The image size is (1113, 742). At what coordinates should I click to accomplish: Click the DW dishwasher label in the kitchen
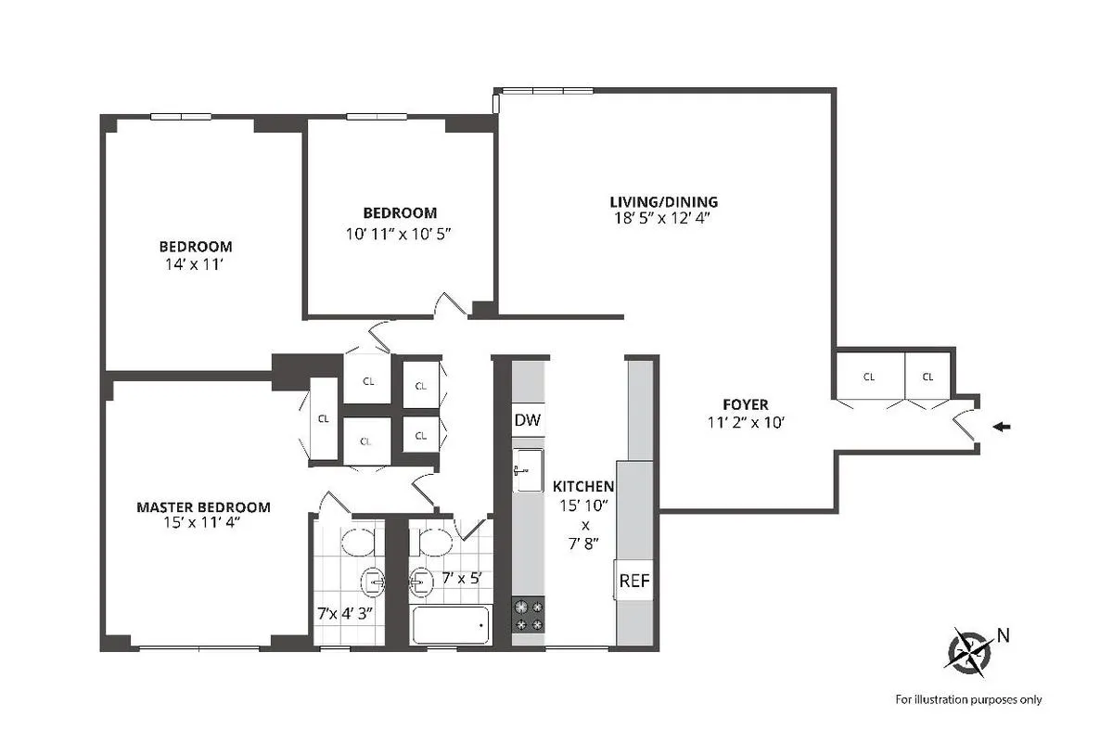pos(527,420)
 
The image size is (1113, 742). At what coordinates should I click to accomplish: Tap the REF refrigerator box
pos(634,582)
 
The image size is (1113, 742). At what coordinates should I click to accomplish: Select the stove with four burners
pos(529,615)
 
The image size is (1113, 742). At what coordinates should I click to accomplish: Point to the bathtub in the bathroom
pos(449,626)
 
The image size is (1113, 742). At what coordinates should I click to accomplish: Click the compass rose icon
pos(968,648)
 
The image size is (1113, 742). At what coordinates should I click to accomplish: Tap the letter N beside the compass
pos(1003,635)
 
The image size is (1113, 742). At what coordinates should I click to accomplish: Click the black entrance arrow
pos(1002,427)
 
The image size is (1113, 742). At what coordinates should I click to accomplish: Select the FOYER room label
pos(746,404)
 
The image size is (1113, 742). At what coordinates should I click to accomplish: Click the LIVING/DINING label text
pos(663,201)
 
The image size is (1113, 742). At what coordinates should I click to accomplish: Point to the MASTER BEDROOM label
pos(203,507)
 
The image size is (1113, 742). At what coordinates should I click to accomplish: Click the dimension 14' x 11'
pos(195,263)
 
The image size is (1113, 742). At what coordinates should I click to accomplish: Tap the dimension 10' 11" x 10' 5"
pos(398,233)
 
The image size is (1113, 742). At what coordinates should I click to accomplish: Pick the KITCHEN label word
pos(583,486)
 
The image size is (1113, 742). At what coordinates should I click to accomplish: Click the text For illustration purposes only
pos(967,699)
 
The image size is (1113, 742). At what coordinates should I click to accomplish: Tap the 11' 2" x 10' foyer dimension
pos(746,422)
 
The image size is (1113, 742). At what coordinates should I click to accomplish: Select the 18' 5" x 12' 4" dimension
pos(663,219)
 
